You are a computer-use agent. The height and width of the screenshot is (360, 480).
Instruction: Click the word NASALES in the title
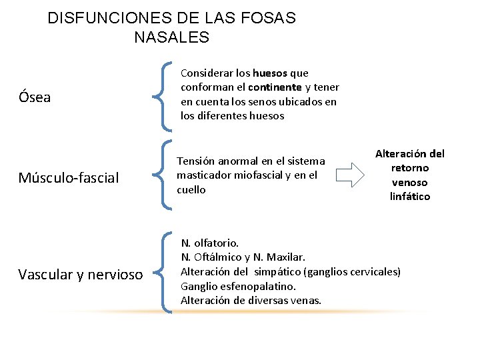[171, 38]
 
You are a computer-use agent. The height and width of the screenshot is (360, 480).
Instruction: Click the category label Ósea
[35, 98]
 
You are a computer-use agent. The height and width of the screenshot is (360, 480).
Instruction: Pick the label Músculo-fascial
[69, 178]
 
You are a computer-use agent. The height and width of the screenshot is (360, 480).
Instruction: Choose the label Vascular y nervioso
[80, 274]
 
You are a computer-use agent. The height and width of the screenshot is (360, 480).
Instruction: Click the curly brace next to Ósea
[161, 95]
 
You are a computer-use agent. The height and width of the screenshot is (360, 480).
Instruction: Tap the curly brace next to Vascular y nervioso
[161, 271]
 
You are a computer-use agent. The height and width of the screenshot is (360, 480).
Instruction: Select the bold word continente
[275, 87]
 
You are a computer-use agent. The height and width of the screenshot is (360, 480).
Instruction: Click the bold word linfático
[410, 196]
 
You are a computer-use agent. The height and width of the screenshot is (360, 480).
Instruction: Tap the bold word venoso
[410, 182]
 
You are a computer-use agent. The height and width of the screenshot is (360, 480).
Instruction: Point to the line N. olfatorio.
[209, 243]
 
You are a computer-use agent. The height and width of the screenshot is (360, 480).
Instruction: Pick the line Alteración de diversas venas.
[251, 301]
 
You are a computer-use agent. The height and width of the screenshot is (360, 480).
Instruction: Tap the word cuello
[191, 189]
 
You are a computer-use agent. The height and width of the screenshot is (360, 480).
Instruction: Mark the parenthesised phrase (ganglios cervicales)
[352, 271]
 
